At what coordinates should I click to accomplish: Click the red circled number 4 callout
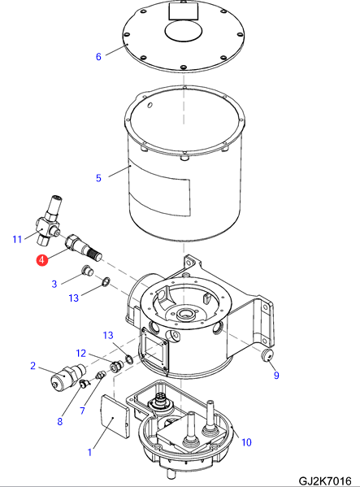pos(42,260)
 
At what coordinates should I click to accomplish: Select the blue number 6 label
pos(98,57)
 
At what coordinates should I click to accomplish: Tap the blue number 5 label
pos(98,178)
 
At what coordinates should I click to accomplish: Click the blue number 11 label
pos(17,239)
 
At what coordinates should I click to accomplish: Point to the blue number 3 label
pos(54,284)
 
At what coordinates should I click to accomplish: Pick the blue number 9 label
pos(276,375)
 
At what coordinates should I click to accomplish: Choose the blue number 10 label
pos(246,442)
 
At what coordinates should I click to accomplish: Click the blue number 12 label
pos(81,353)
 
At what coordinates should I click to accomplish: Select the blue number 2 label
pos(33,366)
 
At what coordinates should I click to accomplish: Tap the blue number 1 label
pos(89,452)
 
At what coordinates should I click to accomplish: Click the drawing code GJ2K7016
pos(324,480)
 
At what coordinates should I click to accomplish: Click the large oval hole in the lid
pos(184,31)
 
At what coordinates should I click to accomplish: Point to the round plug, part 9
pos(267,355)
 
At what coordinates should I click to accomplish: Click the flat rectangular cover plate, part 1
pos(115,416)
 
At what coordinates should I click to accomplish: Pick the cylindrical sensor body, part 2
pos(67,377)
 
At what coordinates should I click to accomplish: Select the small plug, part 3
pos(87,271)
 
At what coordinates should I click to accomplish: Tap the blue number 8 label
pos(59,421)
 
